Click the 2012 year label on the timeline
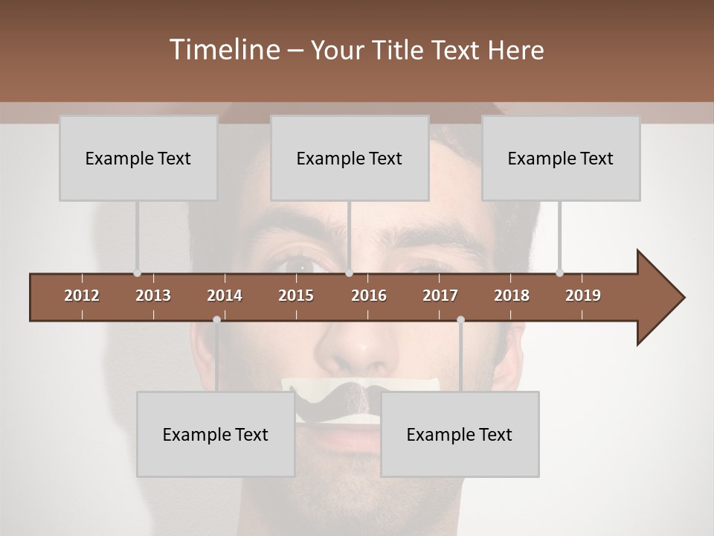82,296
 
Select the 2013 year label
153,296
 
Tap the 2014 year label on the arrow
225,296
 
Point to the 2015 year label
296,296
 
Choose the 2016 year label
369,296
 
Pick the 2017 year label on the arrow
440,296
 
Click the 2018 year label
512,296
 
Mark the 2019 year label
583,296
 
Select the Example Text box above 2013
138,158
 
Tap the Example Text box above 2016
350,158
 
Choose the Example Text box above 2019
561,158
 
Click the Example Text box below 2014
216,434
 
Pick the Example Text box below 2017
460,434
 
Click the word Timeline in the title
223,50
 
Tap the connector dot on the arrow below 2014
216,319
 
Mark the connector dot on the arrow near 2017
460,319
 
